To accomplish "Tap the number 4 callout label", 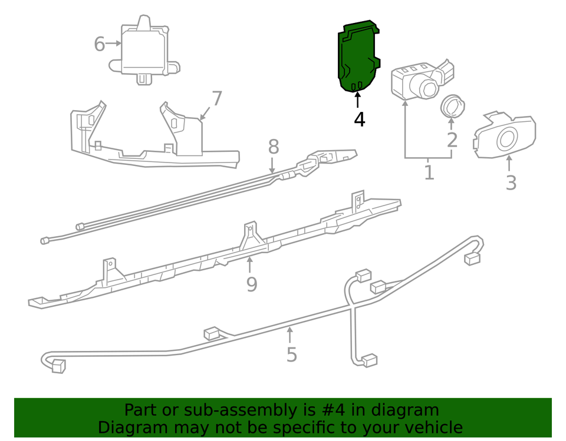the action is (x=360, y=120).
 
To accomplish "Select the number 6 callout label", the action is (x=100, y=44).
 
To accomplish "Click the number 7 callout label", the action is (x=217, y=98).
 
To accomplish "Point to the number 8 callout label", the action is (x=274, y=147).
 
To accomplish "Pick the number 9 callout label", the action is (x=252, y=284).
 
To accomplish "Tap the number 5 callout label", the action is (x=292, y=354).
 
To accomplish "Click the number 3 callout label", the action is (x=511, y=183).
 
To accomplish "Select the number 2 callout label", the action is (x=452, y=140).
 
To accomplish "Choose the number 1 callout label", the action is (x=429, y=173).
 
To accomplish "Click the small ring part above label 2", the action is (x=452, y=107).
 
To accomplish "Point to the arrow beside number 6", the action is (x=114, y=43).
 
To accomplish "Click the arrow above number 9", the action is (x=249, y=265).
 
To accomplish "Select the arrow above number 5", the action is (x=289, y=334).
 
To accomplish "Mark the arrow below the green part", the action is (x=358, y=100).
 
